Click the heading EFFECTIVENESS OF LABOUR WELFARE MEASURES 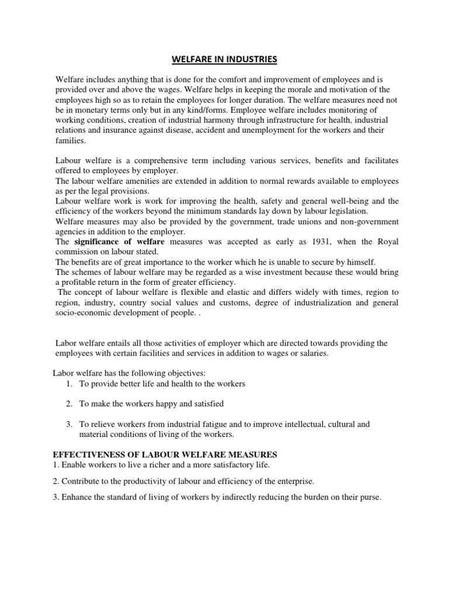(165, 454)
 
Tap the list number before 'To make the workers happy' (68, 404)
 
